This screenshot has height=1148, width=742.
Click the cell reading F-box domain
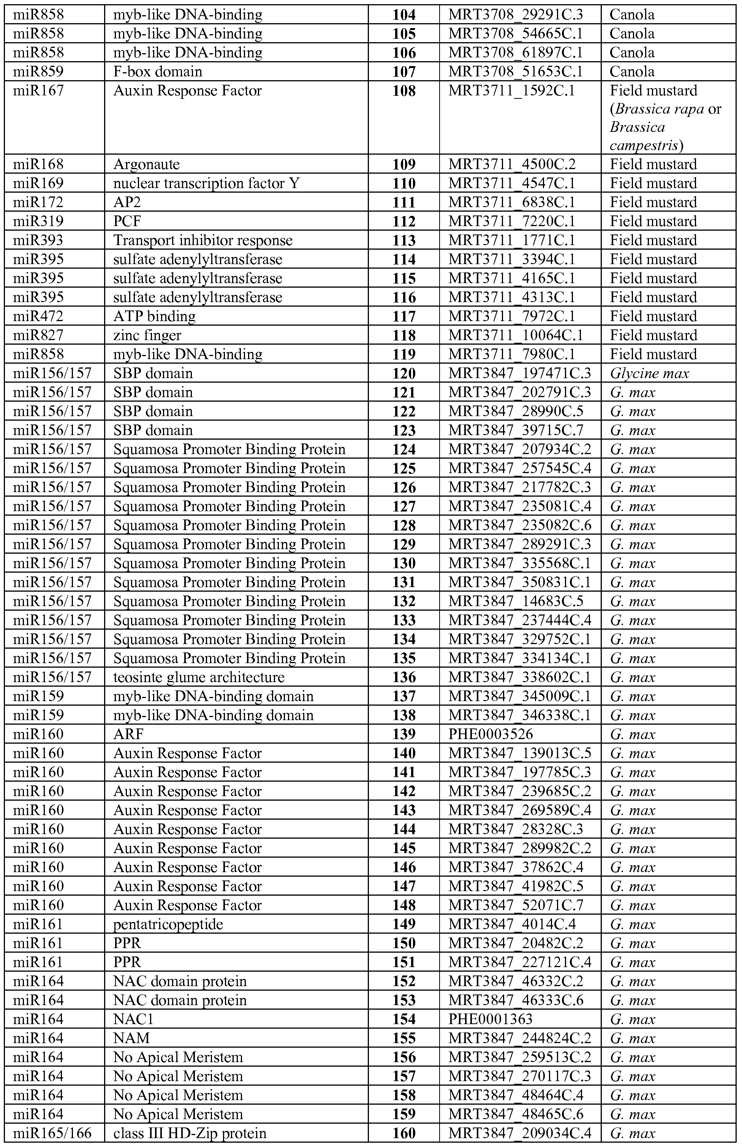coord(158,72)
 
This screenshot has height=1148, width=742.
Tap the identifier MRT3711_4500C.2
coord(512,164)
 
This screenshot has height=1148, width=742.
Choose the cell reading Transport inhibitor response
coord(203,240)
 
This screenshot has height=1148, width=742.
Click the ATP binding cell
coord(154,316)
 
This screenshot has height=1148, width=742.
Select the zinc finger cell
coord(147,335)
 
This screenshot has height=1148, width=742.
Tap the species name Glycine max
coord(649,374)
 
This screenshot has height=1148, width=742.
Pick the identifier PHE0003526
coord(490,734)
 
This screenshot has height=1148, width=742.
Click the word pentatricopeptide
coord(168,924)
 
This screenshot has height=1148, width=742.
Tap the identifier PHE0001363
coord(490,1019)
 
